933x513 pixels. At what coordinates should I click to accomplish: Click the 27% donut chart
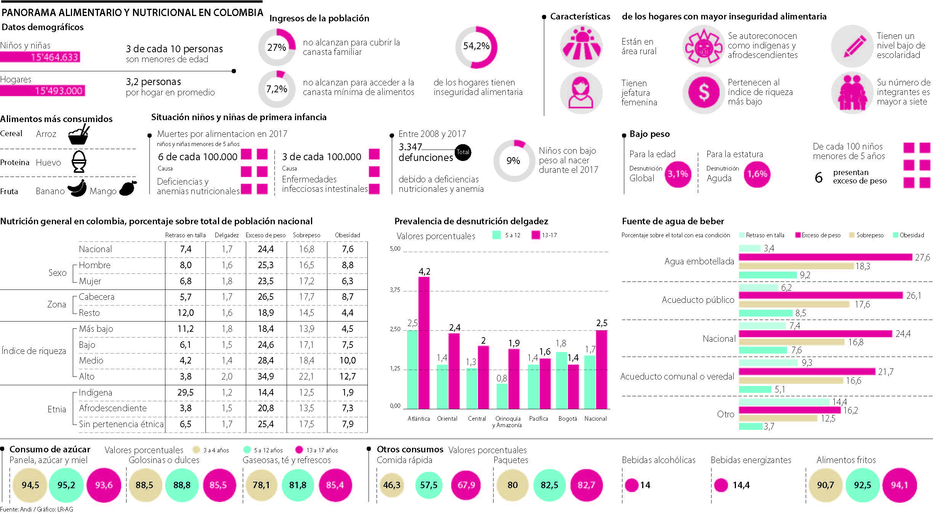pos(277,47)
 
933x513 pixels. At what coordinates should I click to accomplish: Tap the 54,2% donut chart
pos(476,47)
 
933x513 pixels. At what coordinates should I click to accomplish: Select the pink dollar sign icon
pos(704,92)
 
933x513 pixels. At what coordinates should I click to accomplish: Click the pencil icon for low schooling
pos(852,47)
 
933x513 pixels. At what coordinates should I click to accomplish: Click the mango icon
pos(128,188)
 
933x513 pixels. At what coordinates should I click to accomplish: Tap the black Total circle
pos(463,152)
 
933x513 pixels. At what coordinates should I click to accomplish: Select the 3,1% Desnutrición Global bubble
pos(678,174)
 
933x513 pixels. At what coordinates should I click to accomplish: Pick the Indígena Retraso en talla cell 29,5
pos(186,392)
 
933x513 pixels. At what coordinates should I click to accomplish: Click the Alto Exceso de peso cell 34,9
pos(266,376)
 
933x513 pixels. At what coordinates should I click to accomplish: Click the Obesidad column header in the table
pos(347,235)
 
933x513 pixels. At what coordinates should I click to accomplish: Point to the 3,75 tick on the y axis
pos(395,290)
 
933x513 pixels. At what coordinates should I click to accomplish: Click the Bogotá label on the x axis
pos(567,418)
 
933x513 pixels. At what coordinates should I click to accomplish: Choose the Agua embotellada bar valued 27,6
pos(825,257)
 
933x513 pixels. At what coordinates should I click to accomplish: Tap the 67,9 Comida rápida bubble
pos(466,485)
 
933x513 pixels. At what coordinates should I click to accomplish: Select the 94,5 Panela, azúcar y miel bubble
pos(30,485)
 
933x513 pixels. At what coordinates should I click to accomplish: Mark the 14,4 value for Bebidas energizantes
pos(741,485)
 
